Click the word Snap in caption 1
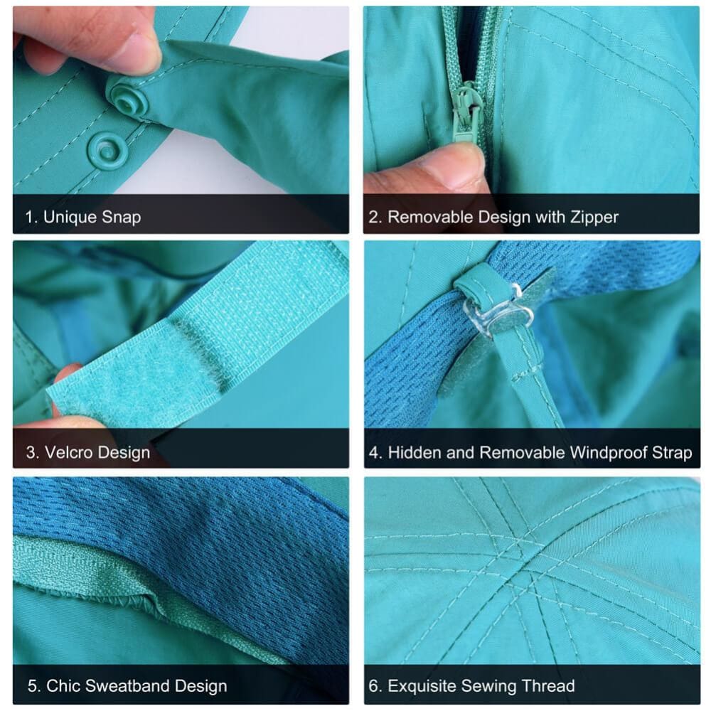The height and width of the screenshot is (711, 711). point(121,217)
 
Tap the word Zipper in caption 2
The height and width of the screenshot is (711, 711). point(594,217)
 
